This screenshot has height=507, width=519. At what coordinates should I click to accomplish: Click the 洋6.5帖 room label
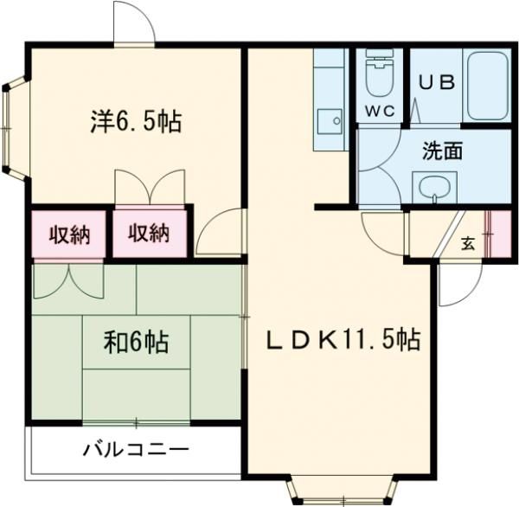click(135, 121)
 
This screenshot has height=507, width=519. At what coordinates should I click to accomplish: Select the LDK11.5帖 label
click(343, 340)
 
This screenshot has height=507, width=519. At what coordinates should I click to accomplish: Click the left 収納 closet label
click(68, 233)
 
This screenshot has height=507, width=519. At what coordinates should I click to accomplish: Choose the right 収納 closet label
click(149, 233)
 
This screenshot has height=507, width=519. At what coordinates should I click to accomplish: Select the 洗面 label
click(441, 151)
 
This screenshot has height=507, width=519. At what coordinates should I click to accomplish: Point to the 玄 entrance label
click(468, 243)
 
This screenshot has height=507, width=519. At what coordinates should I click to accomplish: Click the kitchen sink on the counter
click(329, 120)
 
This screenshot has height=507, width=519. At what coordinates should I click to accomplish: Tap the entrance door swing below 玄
click(457, 281)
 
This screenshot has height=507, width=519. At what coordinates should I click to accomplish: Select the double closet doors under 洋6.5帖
click(150, 186)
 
